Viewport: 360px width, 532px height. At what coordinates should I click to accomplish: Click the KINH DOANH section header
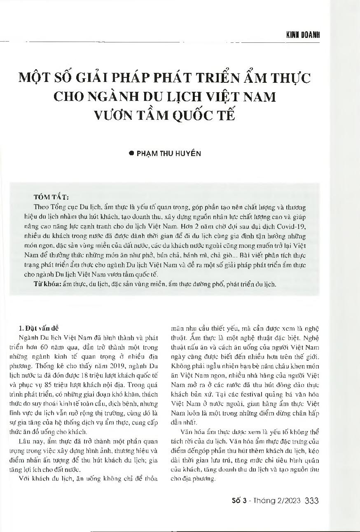point(303,35)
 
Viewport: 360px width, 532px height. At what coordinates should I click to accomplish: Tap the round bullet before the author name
point(132,153)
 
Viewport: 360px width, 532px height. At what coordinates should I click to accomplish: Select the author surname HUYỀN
point(189,153)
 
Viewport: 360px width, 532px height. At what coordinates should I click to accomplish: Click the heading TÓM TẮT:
point(51,197)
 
